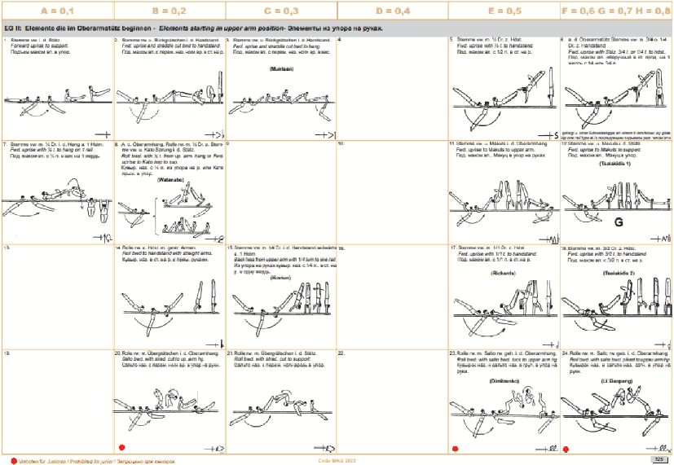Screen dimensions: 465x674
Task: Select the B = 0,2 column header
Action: point(169,10)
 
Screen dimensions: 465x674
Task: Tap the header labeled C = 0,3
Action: point(280,10)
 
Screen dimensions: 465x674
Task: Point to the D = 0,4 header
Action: point(392,10)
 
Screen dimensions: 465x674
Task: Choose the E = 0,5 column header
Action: point(504,10)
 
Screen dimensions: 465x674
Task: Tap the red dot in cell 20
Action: point(121,446)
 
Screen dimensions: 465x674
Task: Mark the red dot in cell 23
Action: point(456,447)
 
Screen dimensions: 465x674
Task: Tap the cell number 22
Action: point(341,353)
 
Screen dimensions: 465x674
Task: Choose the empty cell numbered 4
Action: point(392,81)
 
